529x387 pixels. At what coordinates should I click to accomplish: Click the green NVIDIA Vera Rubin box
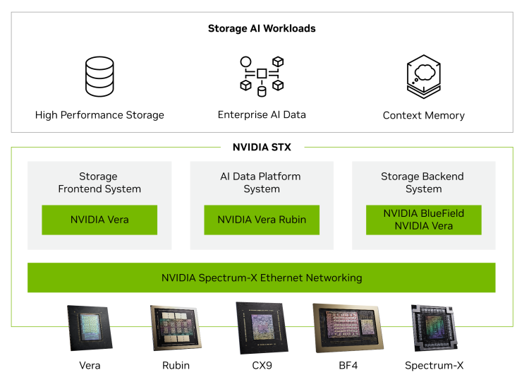point(262,220)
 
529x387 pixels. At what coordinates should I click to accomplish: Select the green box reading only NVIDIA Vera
point(99,220)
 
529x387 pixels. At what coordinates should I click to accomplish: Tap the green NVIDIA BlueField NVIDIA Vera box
point(424,220)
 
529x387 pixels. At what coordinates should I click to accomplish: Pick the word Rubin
point(291,220)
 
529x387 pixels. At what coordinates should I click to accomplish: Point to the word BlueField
point(444,213)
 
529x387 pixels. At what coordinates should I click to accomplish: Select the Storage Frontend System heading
point(99,183)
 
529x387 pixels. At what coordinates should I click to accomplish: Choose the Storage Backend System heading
point(423,183)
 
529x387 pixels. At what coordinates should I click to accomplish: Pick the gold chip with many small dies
point(176,327)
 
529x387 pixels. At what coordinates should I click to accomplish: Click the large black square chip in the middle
point(262,327)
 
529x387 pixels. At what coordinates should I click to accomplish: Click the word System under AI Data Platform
point(262,189)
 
